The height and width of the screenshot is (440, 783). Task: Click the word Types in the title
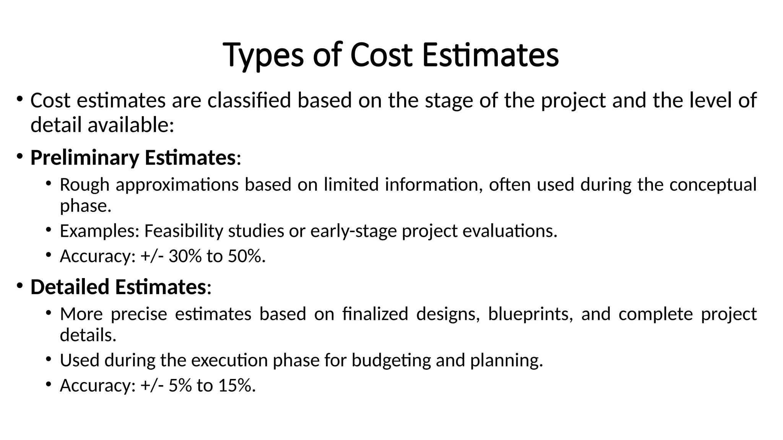(x=263, y=56)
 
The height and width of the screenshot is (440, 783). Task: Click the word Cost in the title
(x=381, y=56)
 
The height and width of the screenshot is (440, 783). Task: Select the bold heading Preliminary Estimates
(x=133, y=158)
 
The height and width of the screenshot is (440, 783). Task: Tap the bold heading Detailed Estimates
(x=118, y=287)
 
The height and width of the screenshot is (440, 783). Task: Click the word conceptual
(x=713, y=185)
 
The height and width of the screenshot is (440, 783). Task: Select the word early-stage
(x=354, y=231)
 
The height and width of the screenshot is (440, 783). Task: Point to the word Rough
(x=85, y=185)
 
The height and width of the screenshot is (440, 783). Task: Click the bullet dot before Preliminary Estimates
(x=19, y=156)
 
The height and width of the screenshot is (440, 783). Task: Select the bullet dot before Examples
(x=48, y=230)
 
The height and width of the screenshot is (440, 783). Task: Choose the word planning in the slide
(x=506, y=361)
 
